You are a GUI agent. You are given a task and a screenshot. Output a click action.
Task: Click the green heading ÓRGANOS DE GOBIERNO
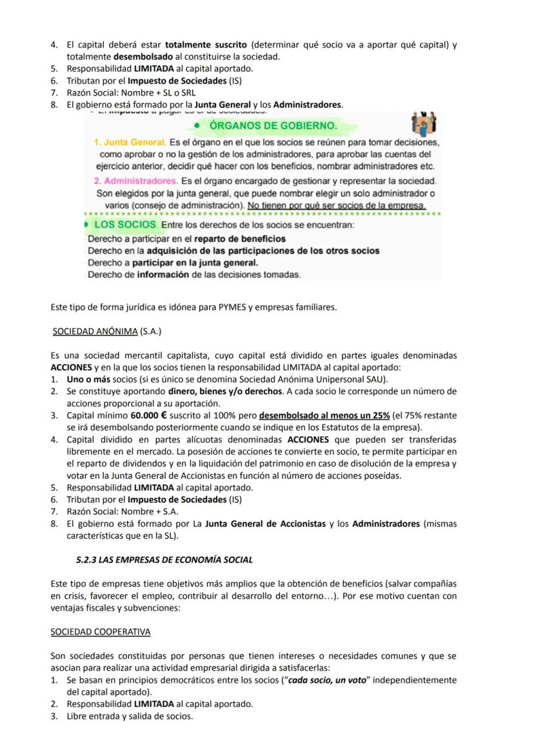(273, 125)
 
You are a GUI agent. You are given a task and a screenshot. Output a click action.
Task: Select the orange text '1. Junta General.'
(130, 142)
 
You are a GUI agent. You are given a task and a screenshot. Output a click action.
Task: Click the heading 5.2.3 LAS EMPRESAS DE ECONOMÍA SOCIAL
(164, 559)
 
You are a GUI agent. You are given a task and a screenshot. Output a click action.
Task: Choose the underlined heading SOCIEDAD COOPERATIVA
(100, 631)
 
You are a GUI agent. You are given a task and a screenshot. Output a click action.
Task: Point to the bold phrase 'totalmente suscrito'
(206, 45)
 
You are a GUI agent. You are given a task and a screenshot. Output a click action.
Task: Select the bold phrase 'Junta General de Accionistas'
(265, 524)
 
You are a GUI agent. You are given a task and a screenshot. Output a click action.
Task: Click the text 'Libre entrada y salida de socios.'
(130, 716)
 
